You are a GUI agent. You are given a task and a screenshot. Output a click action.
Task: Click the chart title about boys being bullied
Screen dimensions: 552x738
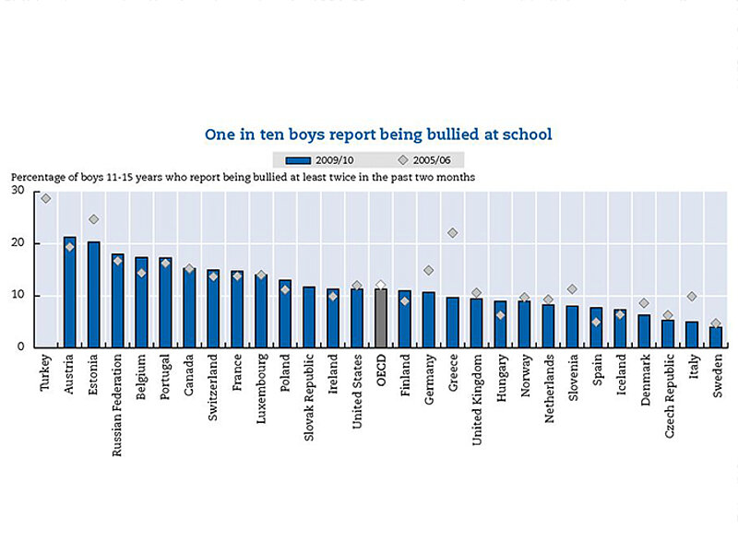[378, 135]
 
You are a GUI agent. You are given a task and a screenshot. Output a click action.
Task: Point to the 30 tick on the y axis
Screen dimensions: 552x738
[18, 191]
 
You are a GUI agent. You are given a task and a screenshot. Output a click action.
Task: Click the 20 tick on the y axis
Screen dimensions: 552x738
[18, 243]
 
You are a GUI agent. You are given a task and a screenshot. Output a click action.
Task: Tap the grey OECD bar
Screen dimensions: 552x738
[381, 318]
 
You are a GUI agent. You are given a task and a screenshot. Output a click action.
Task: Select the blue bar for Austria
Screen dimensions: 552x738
[69, 292]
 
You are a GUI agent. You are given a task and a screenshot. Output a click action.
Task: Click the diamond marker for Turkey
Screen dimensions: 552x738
[46, 198]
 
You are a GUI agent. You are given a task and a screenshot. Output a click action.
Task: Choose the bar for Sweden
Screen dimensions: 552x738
[716, 337]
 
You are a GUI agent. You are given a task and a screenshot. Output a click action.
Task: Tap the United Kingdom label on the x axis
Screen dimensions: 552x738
[477, 394]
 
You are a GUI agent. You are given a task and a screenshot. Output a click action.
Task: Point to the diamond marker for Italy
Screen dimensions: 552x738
[692, 297]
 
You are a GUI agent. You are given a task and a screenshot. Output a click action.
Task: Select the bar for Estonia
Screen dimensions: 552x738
[93, 295]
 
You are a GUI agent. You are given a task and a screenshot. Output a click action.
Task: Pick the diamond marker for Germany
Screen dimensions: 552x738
[429, 271]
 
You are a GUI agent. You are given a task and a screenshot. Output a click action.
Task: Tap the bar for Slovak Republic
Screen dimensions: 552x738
[309, 317]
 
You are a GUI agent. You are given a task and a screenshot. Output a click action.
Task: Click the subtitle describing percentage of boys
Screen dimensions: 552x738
[243, 177]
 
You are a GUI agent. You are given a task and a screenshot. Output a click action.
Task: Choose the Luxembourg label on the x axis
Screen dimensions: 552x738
[261, 387]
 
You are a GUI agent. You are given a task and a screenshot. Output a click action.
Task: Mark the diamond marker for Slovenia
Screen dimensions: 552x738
[572, 289]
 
